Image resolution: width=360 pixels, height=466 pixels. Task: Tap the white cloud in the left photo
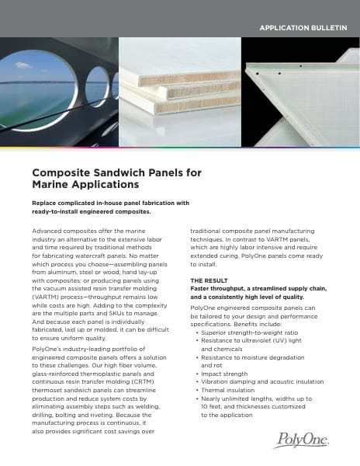point(22,65)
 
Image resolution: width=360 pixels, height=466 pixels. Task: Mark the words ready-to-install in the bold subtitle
point(59,211)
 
